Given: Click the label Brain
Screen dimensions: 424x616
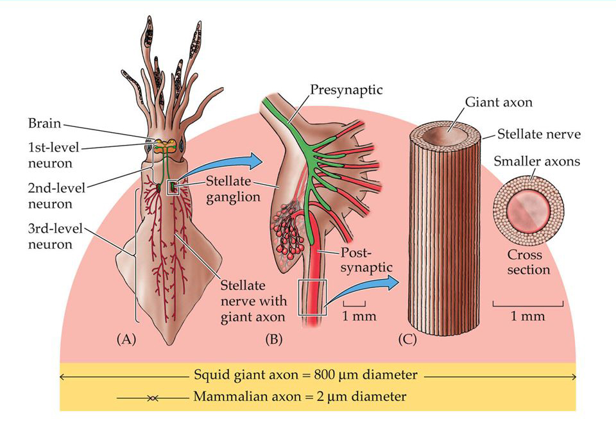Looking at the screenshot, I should pyautogui.click(x=44, y=122).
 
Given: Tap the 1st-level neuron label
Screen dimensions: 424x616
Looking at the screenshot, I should pyautogui.click(x=53, y=155).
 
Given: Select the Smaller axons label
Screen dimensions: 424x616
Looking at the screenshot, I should pyautogui.click(x=536, y=161).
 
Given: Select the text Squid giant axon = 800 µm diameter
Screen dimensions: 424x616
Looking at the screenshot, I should pyautogui.click(x=305, y=375).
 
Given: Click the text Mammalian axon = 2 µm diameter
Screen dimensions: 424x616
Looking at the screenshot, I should pyautogui.click(x=299, y=396).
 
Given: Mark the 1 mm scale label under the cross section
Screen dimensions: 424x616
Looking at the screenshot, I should pyautogui.click(x=528, y=316).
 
